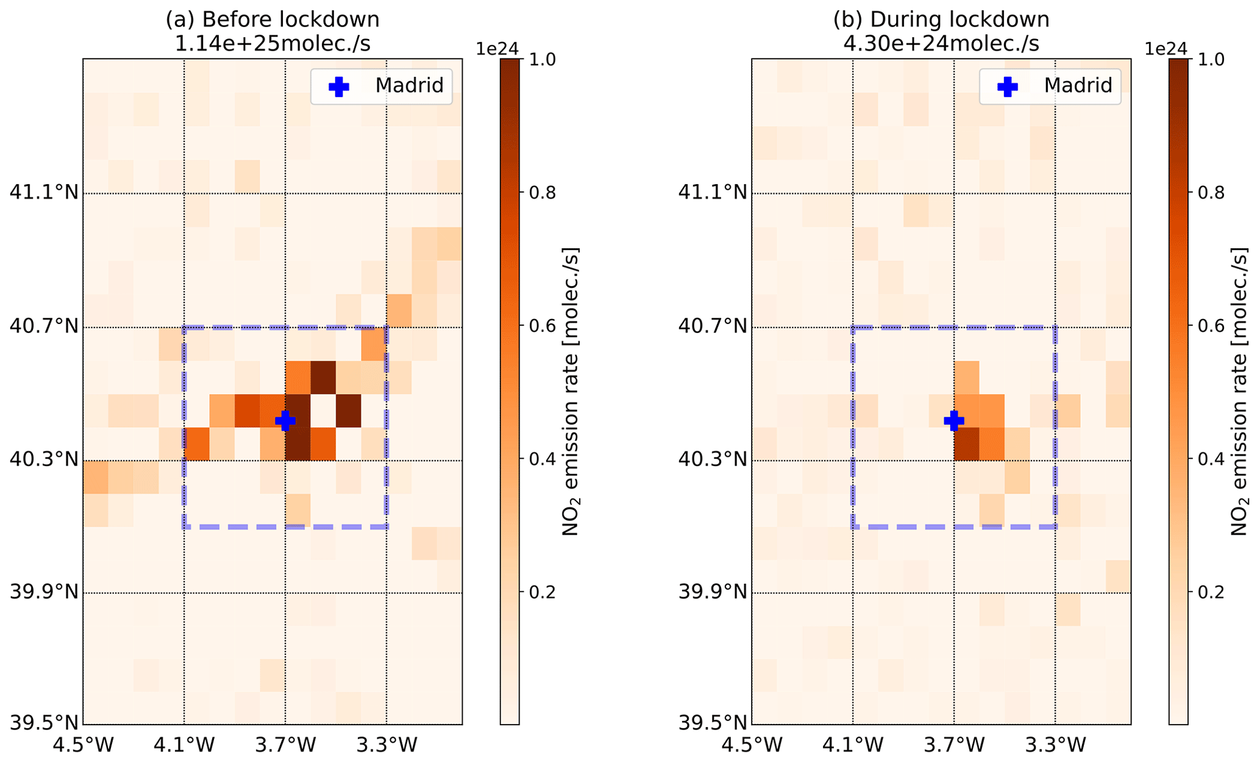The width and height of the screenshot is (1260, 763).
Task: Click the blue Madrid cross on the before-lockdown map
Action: pos(285,420)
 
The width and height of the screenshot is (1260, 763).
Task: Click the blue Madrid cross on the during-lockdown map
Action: pos(954,420)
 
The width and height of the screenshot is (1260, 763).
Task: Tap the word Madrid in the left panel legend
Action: pos(409,85)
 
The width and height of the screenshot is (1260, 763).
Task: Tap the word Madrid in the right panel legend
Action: pos(1078,85)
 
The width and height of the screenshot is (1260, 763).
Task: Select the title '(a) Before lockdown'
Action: pos(272,20)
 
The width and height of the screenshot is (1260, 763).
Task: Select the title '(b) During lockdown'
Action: pos(941,20)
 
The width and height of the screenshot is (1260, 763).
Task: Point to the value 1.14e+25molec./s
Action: pos(272,44)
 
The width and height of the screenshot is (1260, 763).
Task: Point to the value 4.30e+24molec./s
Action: pos(941,44)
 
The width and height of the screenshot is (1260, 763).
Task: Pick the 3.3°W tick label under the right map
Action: pos(1055,745)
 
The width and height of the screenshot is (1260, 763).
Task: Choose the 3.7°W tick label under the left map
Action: pos(285,745)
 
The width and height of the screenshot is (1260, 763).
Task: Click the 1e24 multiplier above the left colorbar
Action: pos(497,49)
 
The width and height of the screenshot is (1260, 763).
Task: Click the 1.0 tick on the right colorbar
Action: pos(1211,60)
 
